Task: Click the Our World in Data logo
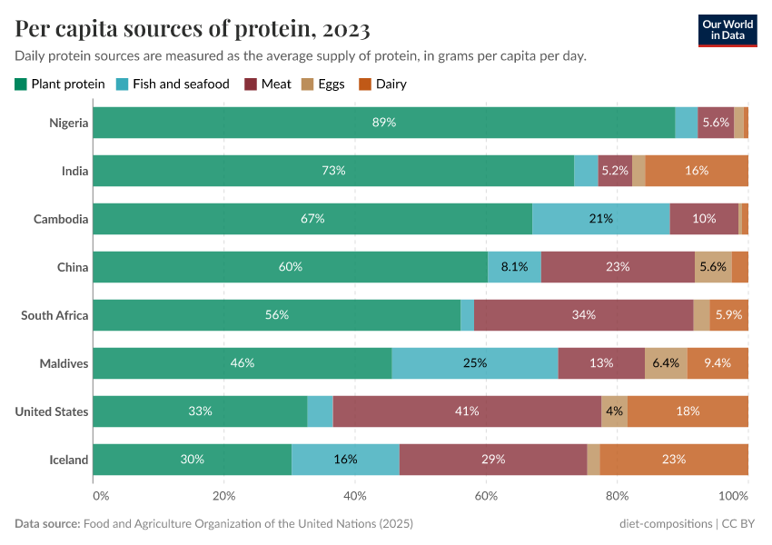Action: click(x=727, y=29)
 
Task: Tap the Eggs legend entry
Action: click(x=323, y=84)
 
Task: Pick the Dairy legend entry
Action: click(x=382, y=84)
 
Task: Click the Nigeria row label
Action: click(x=69, y=123)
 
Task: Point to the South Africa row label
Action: click(x=54, y=315)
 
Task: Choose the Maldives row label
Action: click(x=64, y=363)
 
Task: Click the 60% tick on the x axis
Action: click(x=486, y=496)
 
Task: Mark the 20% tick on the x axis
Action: click(x=223, y=496)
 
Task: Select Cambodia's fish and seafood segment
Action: click(x=600, y=219)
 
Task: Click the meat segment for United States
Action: click(x=467, y=411)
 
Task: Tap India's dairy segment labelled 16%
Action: click(x=697, y=171)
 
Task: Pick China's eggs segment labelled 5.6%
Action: click(x=713, y=267)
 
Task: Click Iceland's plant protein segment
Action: click(x=192, y=460)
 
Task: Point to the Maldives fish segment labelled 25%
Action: click(x=474, y=363)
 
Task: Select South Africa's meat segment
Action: click(x=583, y=315)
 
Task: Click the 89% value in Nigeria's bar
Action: click(x=383, y=123)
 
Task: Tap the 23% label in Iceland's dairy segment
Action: click(x=674, y=460)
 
